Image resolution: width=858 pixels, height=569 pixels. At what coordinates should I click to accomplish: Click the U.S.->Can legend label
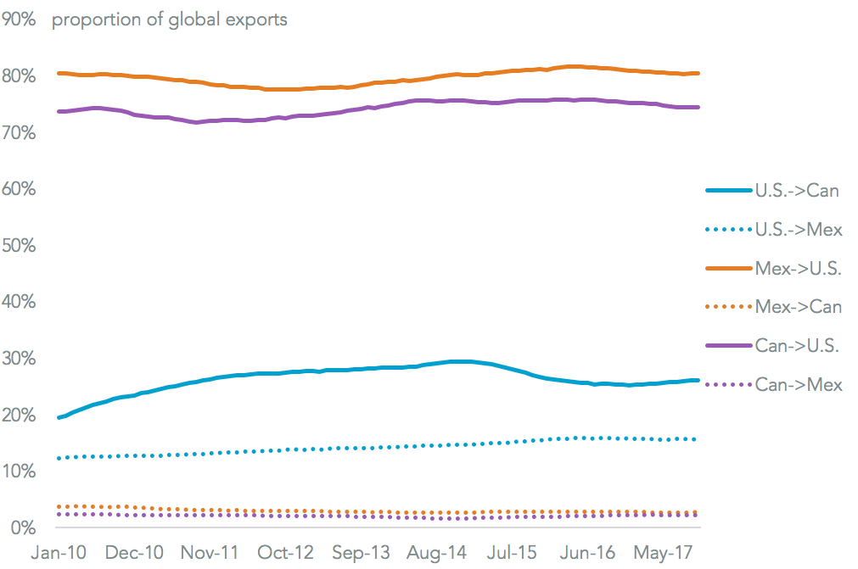click(x=797, y=190)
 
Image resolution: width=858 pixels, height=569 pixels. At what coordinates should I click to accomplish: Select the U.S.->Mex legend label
click(x=799, y=229)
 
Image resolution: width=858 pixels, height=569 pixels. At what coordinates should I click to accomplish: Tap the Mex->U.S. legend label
click(x=799, y=268)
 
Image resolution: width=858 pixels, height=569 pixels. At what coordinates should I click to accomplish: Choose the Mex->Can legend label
click(x=799, y=307)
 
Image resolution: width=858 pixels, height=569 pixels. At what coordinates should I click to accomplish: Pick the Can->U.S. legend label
click(x=797, y=346)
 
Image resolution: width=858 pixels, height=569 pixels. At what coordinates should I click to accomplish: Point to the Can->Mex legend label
click(x=799, y=385)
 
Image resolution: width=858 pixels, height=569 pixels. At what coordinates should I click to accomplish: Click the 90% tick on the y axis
click(x=20, y=20)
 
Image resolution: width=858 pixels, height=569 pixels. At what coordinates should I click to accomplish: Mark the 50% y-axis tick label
click(x=20, y=245)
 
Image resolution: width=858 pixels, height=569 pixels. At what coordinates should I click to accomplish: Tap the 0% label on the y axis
click(x=24, y=527)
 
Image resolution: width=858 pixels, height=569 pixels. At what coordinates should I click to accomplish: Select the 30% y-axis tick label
click(x=20, y=358)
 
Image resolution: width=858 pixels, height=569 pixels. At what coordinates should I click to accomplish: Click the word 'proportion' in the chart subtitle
click(x=90, y=20)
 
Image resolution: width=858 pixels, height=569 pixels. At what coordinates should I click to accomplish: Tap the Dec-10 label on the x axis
click(x=134, y=552)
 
